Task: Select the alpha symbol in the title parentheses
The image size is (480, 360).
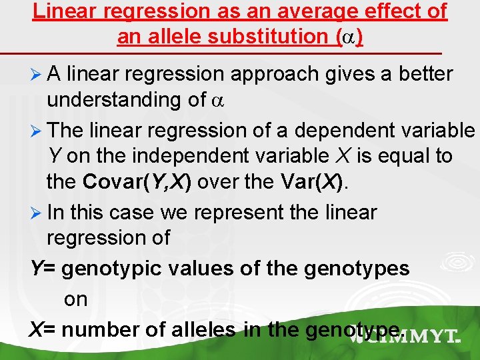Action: pos(349,37)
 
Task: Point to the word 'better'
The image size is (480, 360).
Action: pos(418,73)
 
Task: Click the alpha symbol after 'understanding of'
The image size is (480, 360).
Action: pos(215,101)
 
